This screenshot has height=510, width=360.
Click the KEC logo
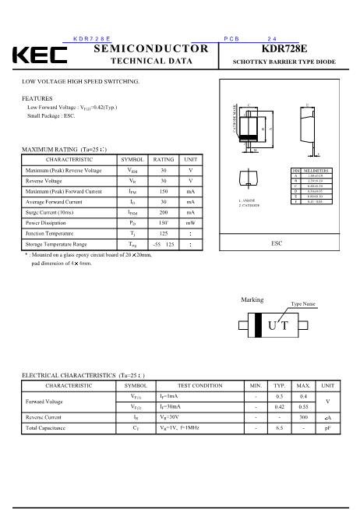click(x=39, y=55)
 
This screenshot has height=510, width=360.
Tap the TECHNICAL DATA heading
click(x=151, y=61)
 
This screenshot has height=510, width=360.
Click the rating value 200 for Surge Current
click(x=163, y=211)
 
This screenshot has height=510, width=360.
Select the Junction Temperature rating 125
click(x=163, y=233)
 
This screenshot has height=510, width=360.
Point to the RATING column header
click(x=163, y=159)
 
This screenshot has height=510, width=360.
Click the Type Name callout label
click(x=302, y=303)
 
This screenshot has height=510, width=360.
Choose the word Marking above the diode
click(x=252, y=299)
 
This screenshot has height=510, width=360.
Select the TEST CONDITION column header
click(x=199, y=385)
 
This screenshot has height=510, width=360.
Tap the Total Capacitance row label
click(x=46, y=428)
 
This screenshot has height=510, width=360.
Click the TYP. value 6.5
click(x=279, y=428)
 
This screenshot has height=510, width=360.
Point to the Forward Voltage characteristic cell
click(x=44, y=402)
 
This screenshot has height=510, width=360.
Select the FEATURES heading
click(x=37, y=98)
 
